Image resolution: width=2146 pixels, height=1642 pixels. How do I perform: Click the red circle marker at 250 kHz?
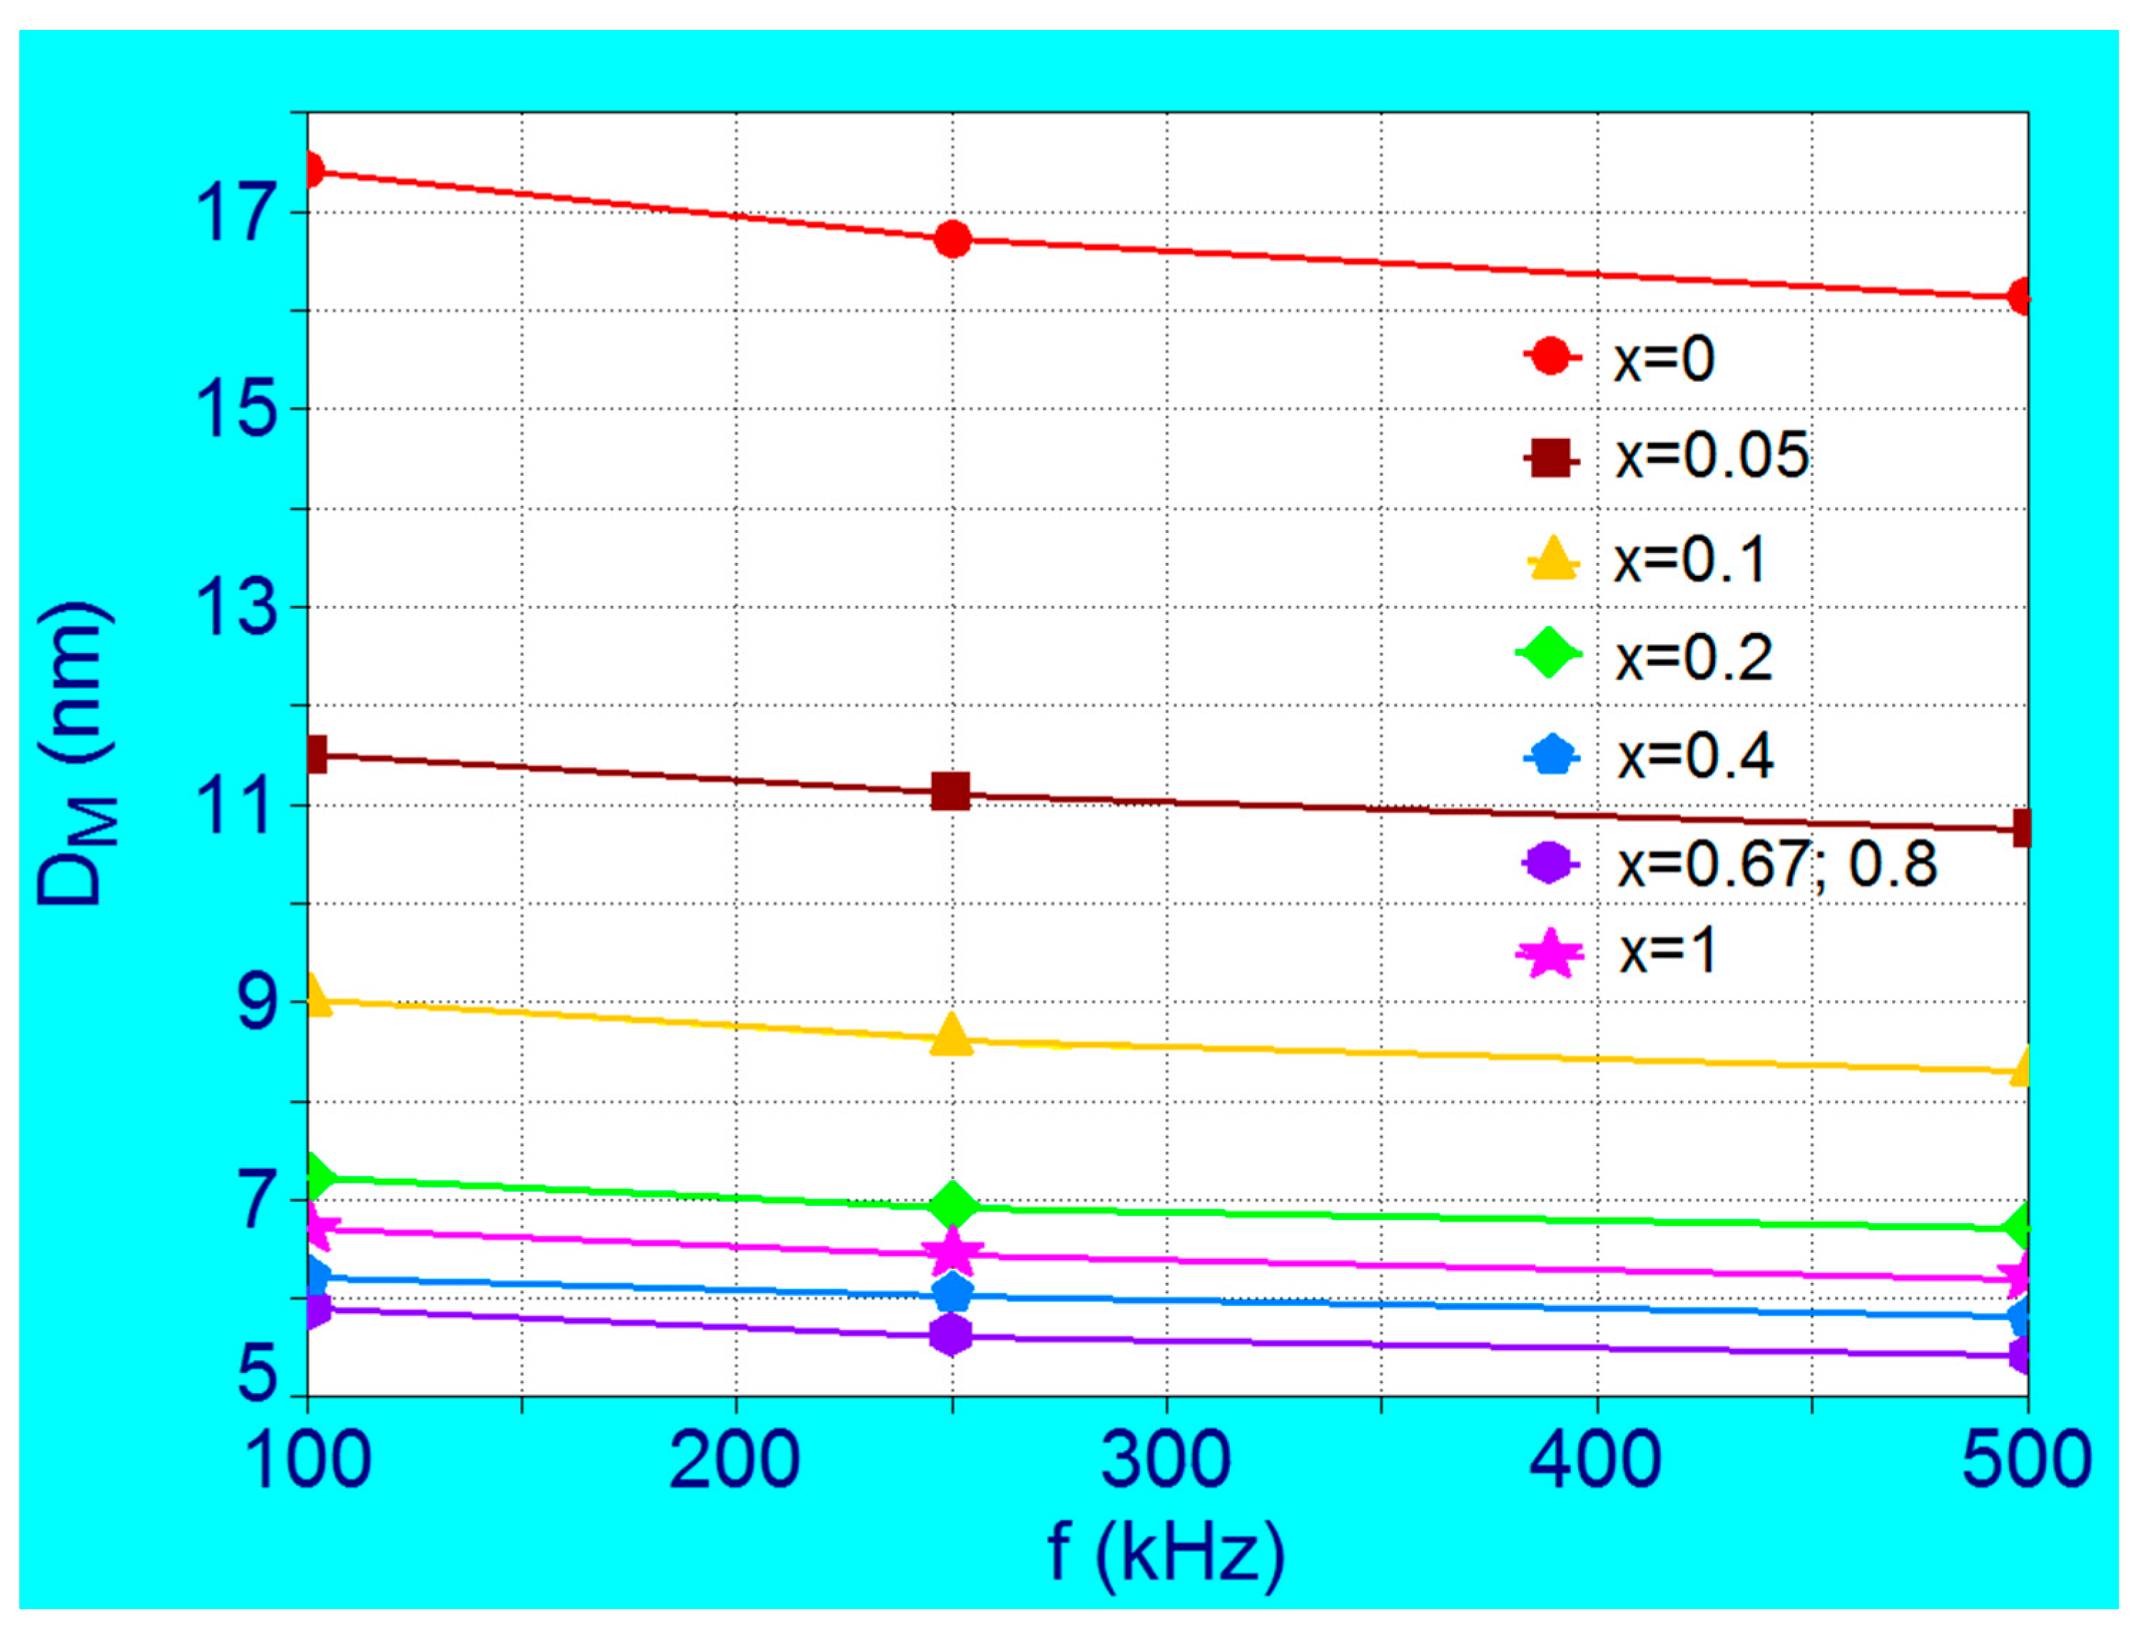(952, 240)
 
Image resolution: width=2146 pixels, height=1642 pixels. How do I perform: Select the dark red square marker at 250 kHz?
(950, 791)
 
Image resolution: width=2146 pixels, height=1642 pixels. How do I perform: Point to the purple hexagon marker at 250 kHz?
(951, 1335)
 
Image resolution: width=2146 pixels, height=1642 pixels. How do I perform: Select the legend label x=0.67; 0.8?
(1776, 864)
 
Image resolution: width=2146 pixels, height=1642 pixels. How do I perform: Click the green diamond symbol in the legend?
(1549, 654)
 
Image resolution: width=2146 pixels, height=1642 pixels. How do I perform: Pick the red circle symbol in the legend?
(1552, 356)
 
